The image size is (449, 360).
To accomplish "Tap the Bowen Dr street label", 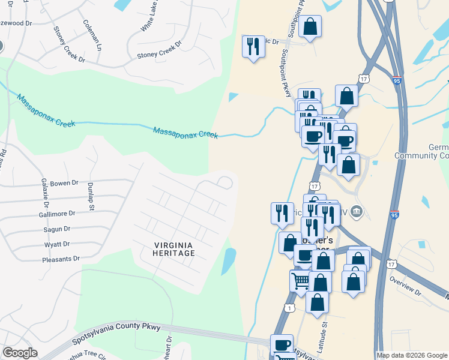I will [64, 183].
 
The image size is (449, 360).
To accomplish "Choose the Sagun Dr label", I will [57, 229].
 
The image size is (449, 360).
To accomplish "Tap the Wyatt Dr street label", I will [57, 244].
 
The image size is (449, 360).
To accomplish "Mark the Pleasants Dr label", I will [61, 259].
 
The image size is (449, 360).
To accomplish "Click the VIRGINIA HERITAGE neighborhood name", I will [173, 249].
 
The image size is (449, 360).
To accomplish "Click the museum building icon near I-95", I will [357, 211].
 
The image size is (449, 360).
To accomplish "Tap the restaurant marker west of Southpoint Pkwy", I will [253, 46].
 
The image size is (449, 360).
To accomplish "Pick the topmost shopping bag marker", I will [310, 26].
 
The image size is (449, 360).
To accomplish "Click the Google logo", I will [20, 352].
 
